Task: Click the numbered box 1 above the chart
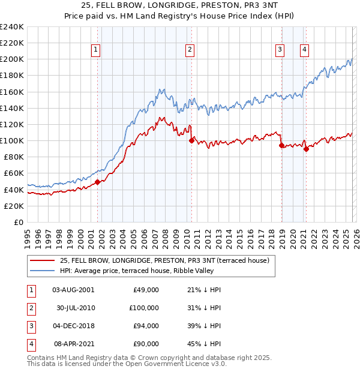pyautogui.click(x=97, y=50)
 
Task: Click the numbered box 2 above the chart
pyautogui.click(x=190, y=50)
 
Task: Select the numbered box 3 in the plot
pyautogui.click(x=280, y=50)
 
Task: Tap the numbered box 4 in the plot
pyautogui.click(x=305, y=50)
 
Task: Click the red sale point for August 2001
pyautogui.click(x=97, y=182)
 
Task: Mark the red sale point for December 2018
pyautogui.click(x=281, y=145)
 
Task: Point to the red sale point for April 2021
pyautogui.click(x=306, y=149)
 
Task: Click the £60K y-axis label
pyautogui.click(x=14, y=173)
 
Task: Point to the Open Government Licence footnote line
pyautogui.click(x=127, y=364)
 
